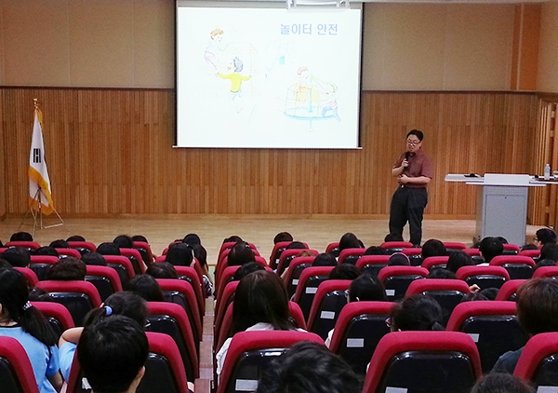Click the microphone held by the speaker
[406, 158]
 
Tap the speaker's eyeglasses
[413, 142]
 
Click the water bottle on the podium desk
[547, 171]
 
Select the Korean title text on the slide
[309, 29]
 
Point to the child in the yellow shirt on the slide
[235, 78]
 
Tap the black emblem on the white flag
[36, 156]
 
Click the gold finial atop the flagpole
[35, 102]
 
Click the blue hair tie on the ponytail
[108, 310]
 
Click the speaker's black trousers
[407, 214]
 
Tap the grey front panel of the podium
[501, 213]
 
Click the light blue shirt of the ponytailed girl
[33, 357]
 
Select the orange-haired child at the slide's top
[216, 48]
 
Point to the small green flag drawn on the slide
[282, 60]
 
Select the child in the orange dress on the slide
[301, 88]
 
